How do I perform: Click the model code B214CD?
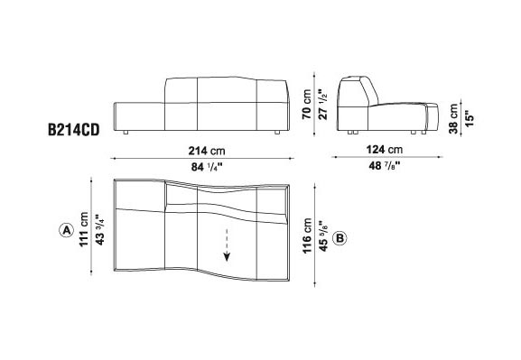coord(74,130)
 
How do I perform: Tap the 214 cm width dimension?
coord(207,151)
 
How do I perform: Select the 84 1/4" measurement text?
coord(207,167)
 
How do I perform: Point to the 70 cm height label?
coord(307,104)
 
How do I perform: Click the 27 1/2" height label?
coord(323,104)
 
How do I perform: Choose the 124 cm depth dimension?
coord(385,150)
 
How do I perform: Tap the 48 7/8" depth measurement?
coord(385,165)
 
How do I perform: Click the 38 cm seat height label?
coord(453,118)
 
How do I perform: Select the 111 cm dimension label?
coord(84,229)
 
